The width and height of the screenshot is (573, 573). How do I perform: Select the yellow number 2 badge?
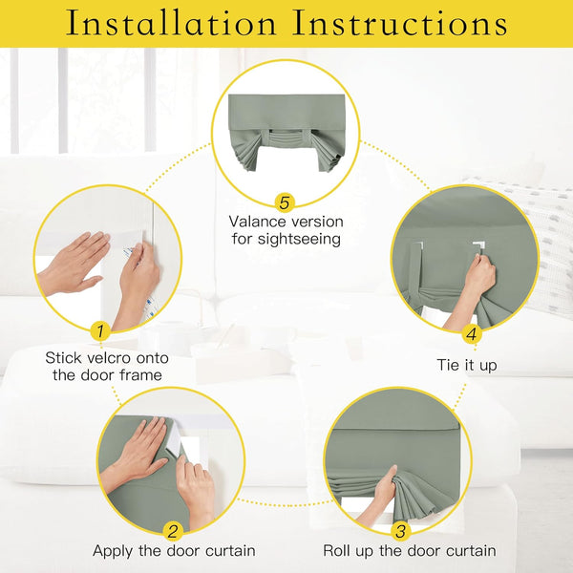click(x=173, y=532)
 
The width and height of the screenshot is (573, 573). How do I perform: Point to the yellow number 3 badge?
click(x=400, y=532)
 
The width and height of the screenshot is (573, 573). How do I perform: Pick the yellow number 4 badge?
click(x=471, y=333)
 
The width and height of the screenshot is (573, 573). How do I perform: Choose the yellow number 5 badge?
click(x=284, y=202)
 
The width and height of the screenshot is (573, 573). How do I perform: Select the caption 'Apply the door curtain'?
click(x=173, y=551)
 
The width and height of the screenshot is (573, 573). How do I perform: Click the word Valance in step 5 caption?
click(x=259, y=221)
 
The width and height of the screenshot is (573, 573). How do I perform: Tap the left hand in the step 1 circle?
click(x=72, y=261)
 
